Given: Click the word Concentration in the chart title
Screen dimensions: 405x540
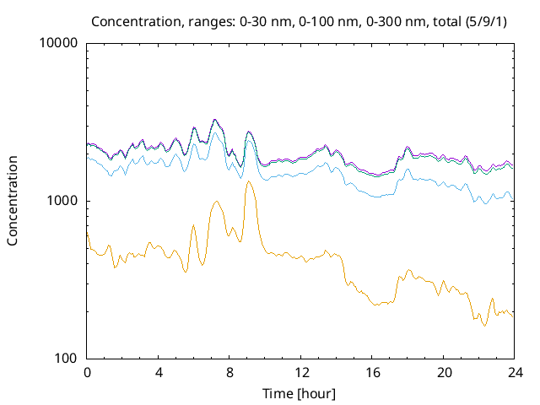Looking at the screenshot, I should click(129, 20).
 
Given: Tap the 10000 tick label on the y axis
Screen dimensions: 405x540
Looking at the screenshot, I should click(59, 44).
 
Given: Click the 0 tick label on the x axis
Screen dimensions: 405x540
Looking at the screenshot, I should click(87, 372).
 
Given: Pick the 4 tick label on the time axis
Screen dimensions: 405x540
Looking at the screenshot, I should click(159, 372).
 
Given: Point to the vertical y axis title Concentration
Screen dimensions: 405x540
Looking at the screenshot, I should click(13, 201).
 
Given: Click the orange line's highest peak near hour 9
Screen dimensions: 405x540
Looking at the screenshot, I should click(248, 181).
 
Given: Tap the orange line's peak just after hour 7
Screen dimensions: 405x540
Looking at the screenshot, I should click(217, 201).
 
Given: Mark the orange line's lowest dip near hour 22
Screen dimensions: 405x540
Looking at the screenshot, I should click(484, 326).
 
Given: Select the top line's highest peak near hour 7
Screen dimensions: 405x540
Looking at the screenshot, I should click(215, 120).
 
